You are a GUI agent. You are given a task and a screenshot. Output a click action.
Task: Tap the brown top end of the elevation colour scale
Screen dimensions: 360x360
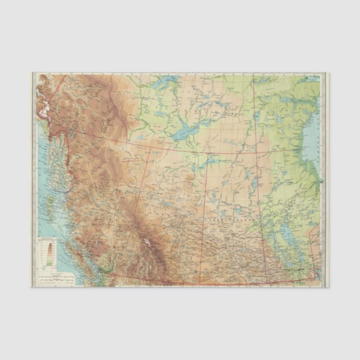coord(49,244)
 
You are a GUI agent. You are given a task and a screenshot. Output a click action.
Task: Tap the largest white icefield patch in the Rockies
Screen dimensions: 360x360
coord(146,243)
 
